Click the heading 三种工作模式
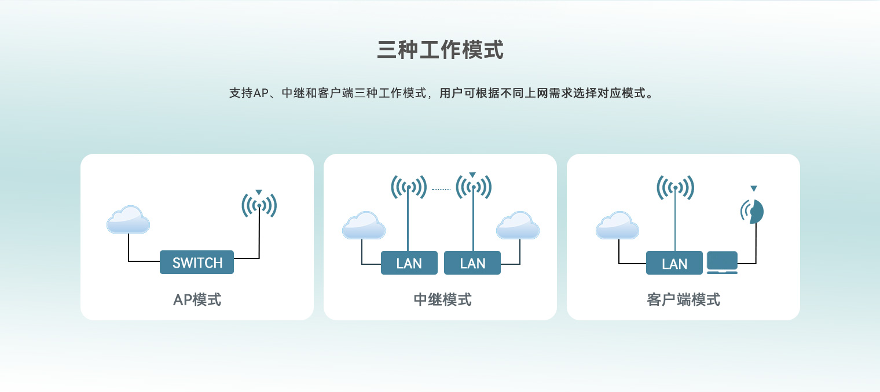point(440,50)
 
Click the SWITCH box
point(197,262)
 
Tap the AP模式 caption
point(197,300)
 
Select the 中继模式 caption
point(442,300)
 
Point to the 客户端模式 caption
point(683,300)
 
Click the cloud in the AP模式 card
point(128,220)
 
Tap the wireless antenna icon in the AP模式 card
point(259,205)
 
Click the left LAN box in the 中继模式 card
point(409,262)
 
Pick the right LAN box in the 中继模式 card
point(472,262)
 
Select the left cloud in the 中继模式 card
point(364,225)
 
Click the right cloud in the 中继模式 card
point(518,225)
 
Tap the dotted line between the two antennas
point(441,190)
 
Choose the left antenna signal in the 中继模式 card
point(409,187)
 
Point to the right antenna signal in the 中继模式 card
point(474,187)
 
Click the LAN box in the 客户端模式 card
point(674,262)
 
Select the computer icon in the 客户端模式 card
point(722,262)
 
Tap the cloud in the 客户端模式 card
point(617,225)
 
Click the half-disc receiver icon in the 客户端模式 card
point(756,212)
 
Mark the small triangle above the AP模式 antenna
point(258,192)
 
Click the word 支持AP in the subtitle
point(249,94)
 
